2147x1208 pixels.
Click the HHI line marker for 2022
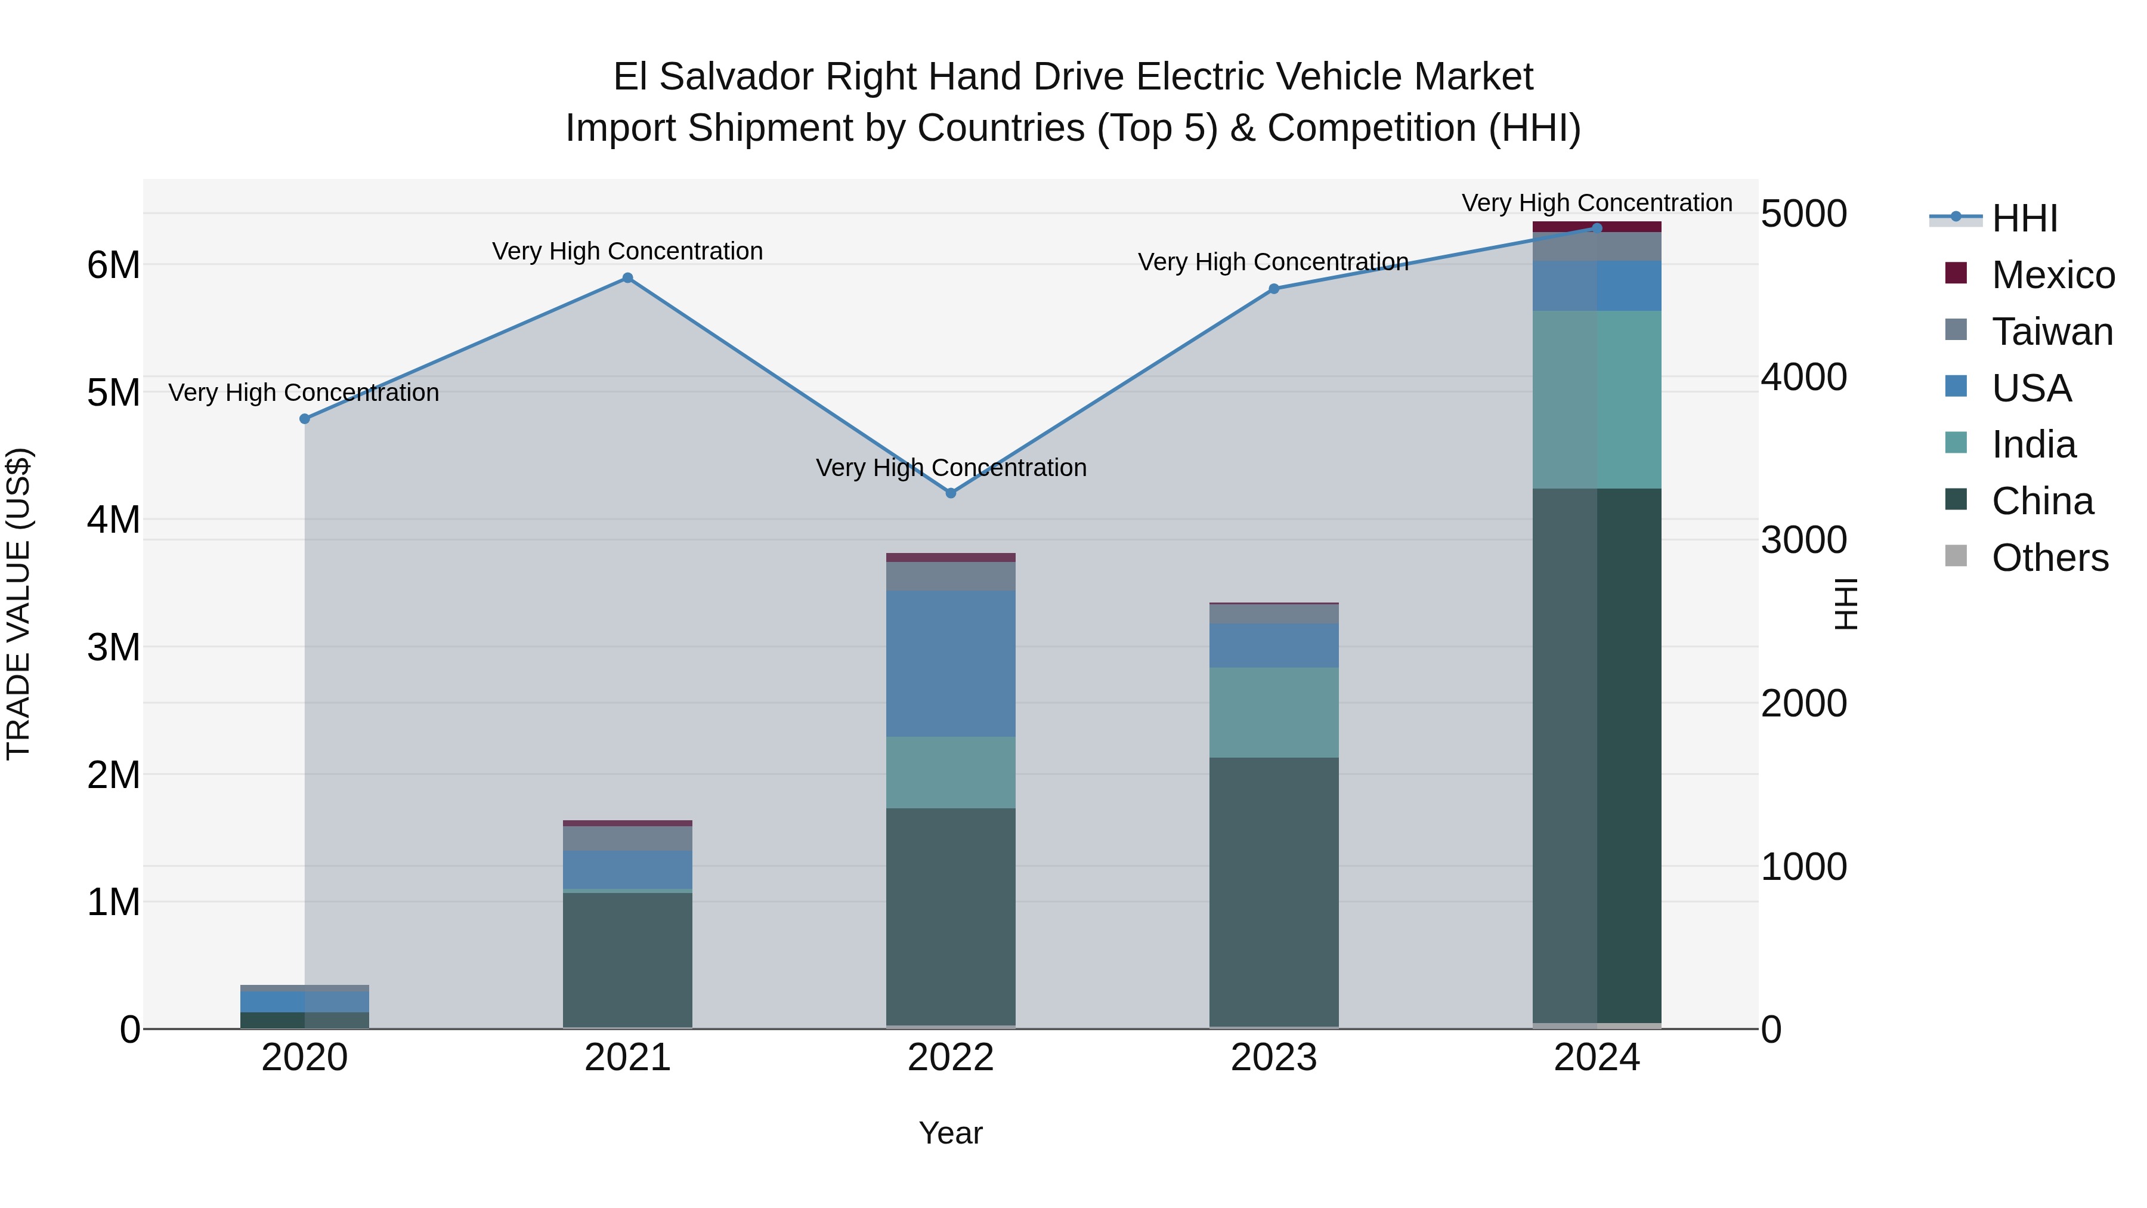pos(951,493)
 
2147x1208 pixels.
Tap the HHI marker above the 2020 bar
pos(305,419)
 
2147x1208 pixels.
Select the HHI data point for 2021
pos(627,279)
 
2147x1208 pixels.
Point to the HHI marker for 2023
pos(1273,289)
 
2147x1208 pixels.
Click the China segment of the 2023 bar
pos(1273,892)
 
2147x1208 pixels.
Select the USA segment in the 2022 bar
pos(951,663)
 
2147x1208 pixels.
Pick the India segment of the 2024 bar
pos(1597,400)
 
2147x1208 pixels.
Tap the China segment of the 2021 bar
pos(627,959)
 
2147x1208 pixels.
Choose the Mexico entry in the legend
pos(2052,275)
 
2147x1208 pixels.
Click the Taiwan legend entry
pos(2052,332)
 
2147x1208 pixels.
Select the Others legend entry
pos(2049,558)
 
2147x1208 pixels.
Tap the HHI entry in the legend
pos(2024,218)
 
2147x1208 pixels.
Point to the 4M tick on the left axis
pos(113,520)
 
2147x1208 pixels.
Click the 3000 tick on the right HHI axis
pos(1803,540)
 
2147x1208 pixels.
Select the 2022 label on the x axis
pos(951,1058)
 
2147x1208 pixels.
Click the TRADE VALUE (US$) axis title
pos(18,604)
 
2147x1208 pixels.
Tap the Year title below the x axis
pos(951,1133)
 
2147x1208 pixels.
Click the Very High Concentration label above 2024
pos(1597,203)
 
